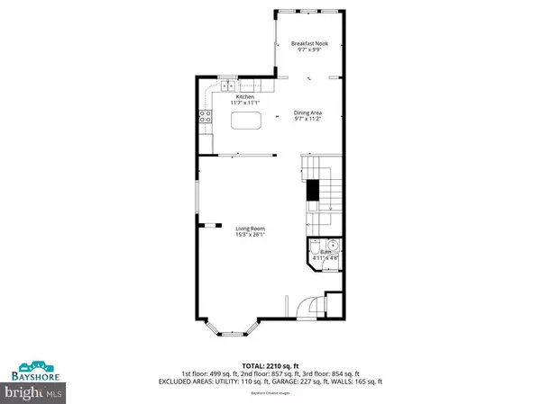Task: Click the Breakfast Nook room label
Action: pos(309,42)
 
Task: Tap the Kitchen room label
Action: pos(245,96)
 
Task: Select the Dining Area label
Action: pos(308,112)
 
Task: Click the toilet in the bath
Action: pos(316,249)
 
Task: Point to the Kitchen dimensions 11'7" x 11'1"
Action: pos(245,104)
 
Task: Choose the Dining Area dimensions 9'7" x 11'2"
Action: pos(308,120)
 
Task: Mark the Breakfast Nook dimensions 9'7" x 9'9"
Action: pos(309,49)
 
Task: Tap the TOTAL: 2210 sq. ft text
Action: pos(270,366)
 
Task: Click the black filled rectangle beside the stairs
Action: pos(313,190)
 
